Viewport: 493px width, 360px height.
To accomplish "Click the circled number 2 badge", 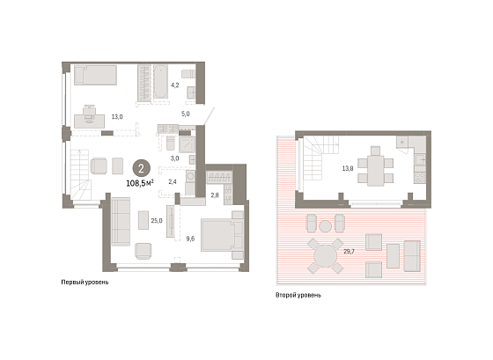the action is pyautogui.click(x=141, y=169).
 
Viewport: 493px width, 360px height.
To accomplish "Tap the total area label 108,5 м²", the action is pyautogui.click(x=140, y=183).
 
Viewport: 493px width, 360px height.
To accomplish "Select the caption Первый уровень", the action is pyautogui.click(x=85, y=283).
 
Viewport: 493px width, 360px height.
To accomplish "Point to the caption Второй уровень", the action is pyautogui.click(x=298, y=295).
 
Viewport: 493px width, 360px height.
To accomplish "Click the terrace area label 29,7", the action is pyautogui.click(x=349, y=251).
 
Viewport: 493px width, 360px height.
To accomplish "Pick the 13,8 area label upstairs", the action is pyautogui.click(x=348, y=168).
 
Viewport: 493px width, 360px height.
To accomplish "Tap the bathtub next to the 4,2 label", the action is pyautogui.click(x=160, y=82).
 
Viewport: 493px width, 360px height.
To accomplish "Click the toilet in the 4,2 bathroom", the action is pyautogui.click(x=188, y=74).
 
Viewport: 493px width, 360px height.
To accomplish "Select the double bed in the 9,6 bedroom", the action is pyautogui.click(x=222, y=235).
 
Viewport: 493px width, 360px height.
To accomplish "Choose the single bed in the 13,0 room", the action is pyautogui.click(x=95, y=75).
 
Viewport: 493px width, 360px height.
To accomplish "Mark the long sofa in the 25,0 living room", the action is pyautogui.click(x=121, y=222).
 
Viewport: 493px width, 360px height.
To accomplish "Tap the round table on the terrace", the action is pyautogui.click(x=326, y=256).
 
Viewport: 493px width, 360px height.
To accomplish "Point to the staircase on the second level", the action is pyautogui.click(x=320, y=158).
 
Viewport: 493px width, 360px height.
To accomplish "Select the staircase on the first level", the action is pyautogui.click(x=80, y=174).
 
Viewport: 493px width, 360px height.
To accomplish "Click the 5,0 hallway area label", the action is pyautogui.click(x=186, y=114).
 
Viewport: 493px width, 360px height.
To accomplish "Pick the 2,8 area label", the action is pyautogui.click(x=215, y=195).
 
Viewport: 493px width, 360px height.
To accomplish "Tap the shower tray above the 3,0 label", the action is pyautogui.click(x=187, y=144).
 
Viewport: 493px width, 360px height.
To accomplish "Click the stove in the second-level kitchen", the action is pyautogui.click(x=420, y=178).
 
